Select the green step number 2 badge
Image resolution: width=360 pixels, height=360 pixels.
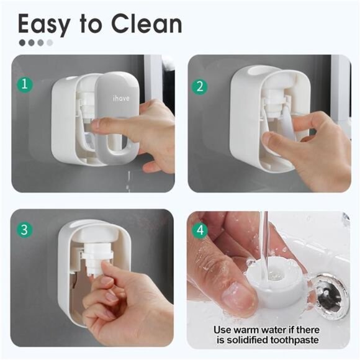(x=200, y=86)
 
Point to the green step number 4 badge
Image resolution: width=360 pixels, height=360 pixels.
(x=200, y=230)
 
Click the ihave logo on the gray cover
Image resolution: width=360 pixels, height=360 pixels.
(x=120, y=97)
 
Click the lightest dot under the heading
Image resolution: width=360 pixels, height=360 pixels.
(x=50, y=43)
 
